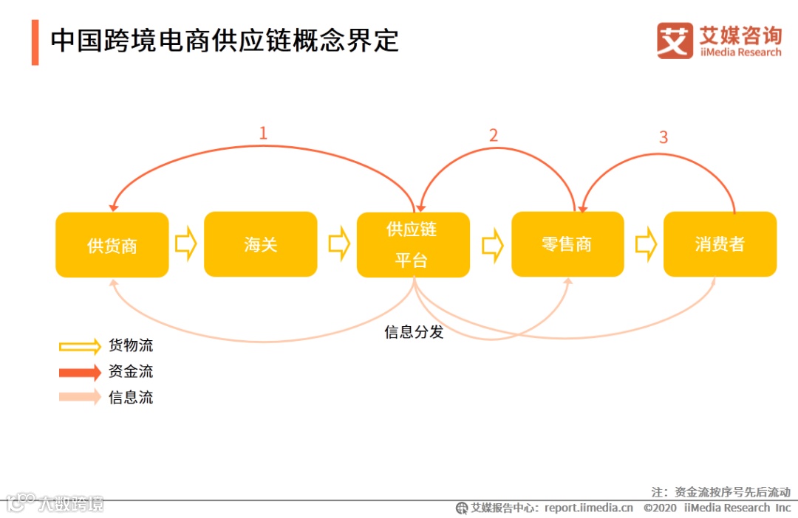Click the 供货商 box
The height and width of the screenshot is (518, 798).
[x=112, y=245]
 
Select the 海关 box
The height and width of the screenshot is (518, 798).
[x=260, y=244]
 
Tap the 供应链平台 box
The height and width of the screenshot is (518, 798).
[x=413, y=245]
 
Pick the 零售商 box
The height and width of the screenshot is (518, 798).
[x=567, y=244]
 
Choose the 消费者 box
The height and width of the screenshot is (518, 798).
[x=720, y=244]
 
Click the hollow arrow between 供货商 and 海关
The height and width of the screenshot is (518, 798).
[x=186, y=244]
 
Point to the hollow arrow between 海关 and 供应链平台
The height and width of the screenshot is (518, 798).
[x=338, y=244]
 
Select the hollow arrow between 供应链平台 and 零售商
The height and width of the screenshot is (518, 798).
[x=492, y=244]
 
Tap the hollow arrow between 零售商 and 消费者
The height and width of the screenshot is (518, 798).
[x=645, y=244]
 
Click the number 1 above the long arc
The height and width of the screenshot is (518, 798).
[x=262, y=134]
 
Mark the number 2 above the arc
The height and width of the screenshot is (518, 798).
[x=494, y=135]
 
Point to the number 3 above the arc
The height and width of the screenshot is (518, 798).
[x=663, y=137]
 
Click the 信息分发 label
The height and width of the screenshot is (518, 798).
[x=414, y=332]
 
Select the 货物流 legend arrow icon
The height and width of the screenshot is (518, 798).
[x=80, y=346]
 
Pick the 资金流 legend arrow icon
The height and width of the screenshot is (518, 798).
[x=80, y=372]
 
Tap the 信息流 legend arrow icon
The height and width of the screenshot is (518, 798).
[x=80, y=397]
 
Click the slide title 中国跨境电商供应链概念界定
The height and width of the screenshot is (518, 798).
[x=225, y=41]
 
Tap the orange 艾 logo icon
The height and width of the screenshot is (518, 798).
[x=674, y=41]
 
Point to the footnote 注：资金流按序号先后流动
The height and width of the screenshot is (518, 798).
[x=720, y=491]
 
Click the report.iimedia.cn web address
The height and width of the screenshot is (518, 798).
[x=589, y=508]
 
